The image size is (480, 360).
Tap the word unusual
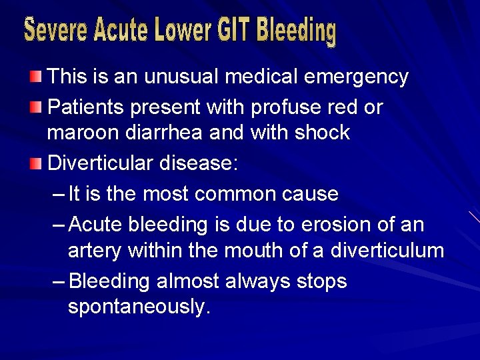point(180,77)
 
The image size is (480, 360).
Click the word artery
point(95,251)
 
